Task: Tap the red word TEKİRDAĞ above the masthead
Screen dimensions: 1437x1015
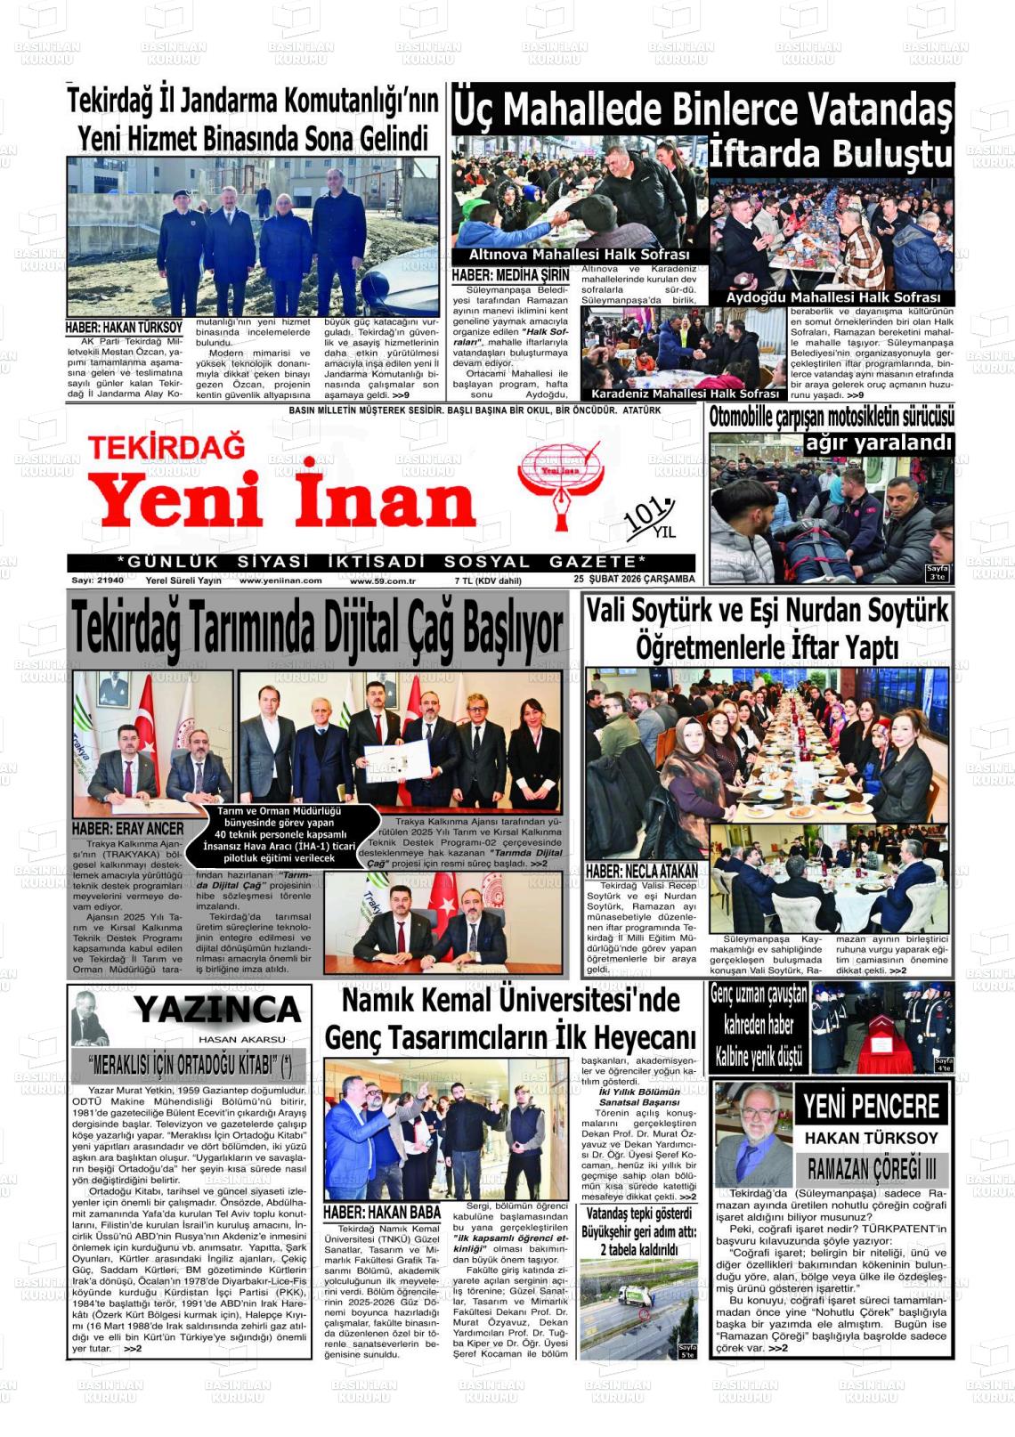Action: (166, 446)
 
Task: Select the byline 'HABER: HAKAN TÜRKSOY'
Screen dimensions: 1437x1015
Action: (124, 328)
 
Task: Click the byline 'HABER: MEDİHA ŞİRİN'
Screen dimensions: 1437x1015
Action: (509, 276)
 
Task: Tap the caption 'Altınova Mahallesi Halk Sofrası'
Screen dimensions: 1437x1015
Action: (579, 255)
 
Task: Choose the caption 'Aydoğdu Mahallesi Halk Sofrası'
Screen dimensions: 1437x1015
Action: (832, 297)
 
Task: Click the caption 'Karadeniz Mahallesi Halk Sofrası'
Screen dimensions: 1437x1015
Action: (685, 394)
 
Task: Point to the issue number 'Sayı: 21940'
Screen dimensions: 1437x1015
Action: (98, 580)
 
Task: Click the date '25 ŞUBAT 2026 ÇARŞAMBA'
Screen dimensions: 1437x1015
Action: (634, 580)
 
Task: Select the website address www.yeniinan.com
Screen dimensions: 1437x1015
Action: (280, 580)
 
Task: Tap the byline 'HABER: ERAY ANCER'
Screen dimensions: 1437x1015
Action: (127, 829)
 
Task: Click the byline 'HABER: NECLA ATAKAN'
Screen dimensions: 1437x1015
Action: (641, 871)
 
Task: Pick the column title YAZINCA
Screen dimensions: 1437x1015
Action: (217, 1010)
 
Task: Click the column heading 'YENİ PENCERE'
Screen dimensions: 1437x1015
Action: (871, 1107)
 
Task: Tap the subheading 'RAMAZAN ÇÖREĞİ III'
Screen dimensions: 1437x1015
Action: (871, 1168)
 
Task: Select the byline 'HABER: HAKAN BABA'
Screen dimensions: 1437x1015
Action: (382, 1212)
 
